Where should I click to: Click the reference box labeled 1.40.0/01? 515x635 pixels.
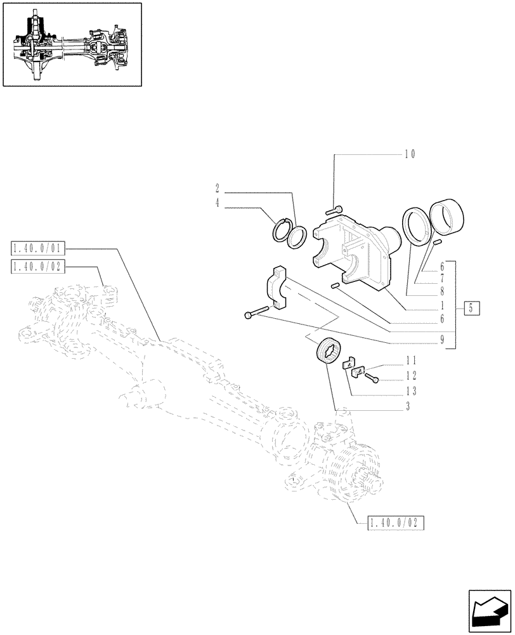tap(37, 247)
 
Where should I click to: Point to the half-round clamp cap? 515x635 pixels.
tap(280, 290)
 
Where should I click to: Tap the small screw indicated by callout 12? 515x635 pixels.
tap(372, 378)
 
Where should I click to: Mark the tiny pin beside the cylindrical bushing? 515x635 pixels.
tap(437, 242)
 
